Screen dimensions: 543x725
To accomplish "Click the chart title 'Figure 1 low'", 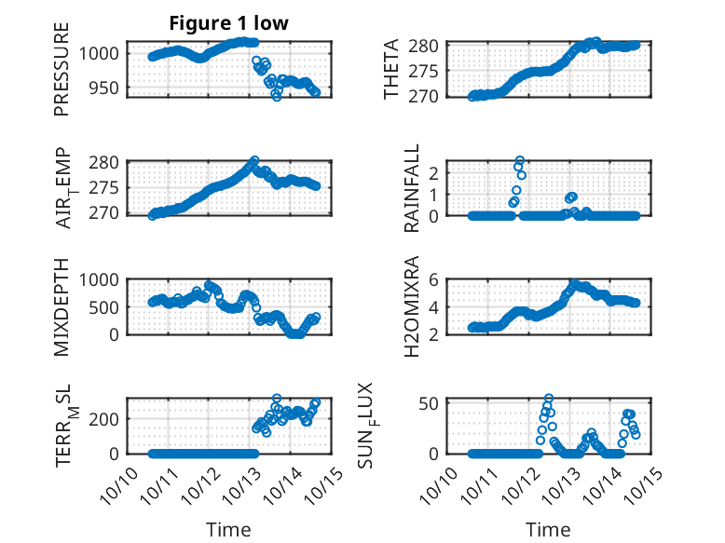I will [x=228, y=23].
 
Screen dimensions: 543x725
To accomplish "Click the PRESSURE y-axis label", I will [x=62, y=75].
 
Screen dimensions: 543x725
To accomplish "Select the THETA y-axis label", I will [x=392, y=69].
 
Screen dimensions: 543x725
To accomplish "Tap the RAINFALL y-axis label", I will [x=411, y=188].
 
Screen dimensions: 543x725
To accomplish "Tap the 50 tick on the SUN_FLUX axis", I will [x=430, y=403].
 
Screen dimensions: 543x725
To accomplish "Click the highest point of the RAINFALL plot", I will [x=519, y=160].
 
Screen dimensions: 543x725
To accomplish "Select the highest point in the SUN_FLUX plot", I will [x=549, y=399].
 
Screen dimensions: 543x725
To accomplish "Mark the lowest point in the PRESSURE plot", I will [x=276, y=96].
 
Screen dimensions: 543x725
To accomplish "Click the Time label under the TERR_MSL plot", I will [x=228, y=530].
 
